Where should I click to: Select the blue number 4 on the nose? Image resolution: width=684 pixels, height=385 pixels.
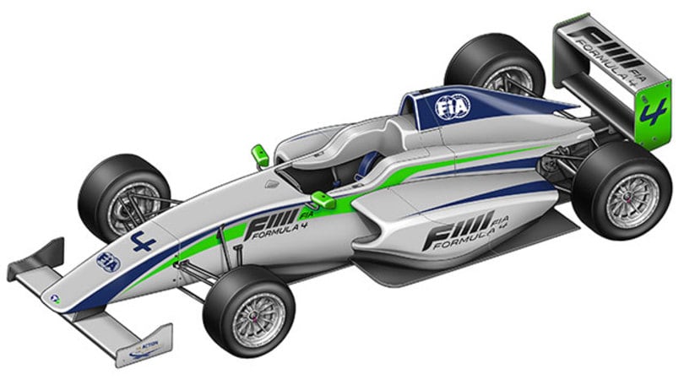tap(140, 242)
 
